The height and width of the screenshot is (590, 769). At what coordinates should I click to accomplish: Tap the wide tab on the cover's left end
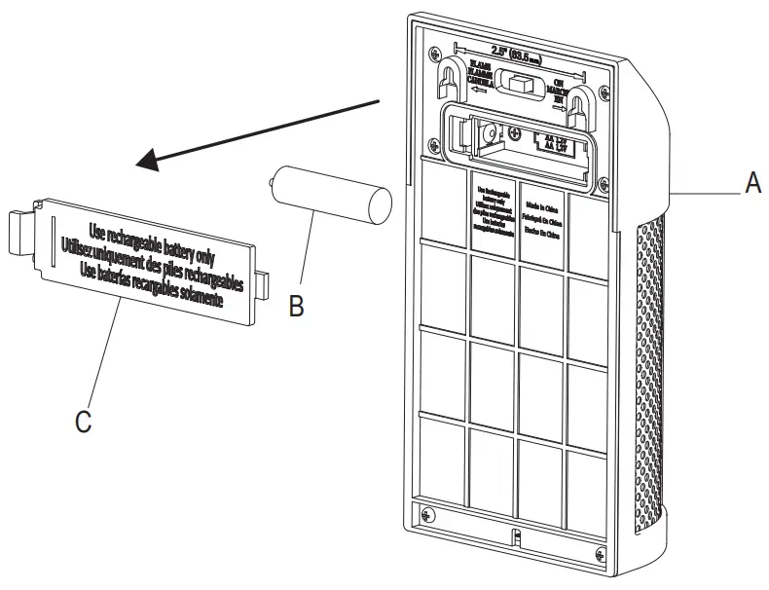tap(19, 233)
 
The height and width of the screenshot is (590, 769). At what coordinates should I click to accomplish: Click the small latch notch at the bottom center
tap(517, 538)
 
